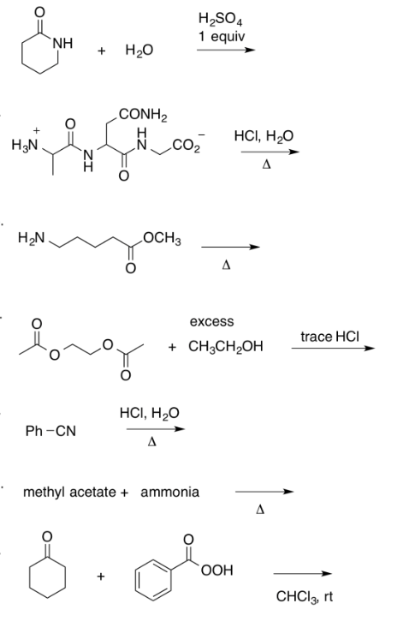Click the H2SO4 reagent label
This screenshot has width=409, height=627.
click(220, 20)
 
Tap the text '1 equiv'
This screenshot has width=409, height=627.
click(222, 37)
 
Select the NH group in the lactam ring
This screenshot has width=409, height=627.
click(62, 43)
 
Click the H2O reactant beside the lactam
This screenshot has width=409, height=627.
click(139, 51)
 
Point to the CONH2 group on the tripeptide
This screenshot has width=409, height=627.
click(144, 115)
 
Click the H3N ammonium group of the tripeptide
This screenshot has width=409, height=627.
click(25, 143)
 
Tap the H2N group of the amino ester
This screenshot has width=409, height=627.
click(32, 238)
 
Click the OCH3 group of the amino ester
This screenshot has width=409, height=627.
click(162, 239)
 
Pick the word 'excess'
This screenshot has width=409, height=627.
click(211, 321)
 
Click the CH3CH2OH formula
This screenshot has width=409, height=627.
click(226, 346)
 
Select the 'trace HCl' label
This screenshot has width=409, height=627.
click(330, 337)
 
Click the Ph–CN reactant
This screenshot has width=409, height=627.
click(50, 431)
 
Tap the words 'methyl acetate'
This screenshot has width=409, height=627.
click(69, 492)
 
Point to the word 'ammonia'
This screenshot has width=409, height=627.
click(169, 492)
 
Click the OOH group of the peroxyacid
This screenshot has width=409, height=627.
click(217, 570)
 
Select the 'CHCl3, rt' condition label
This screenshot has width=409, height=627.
click(305, 597)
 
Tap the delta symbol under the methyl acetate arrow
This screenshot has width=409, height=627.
click(260, 510)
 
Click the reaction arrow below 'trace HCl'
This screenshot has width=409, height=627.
click(333, 349)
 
